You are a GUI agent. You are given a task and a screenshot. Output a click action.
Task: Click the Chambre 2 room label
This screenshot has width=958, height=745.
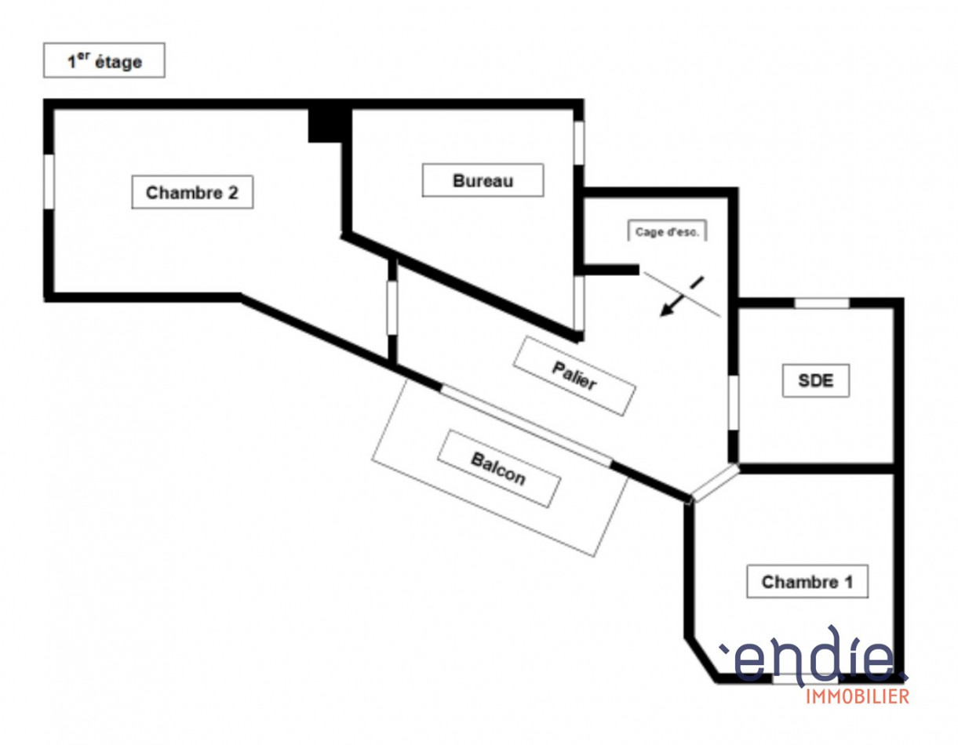point(192,193)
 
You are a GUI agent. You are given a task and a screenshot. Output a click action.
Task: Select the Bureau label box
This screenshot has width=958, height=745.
point(483,180)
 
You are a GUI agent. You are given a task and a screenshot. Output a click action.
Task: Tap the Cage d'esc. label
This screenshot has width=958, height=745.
point(667,231)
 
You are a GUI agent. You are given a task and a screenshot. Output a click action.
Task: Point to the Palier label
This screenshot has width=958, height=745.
point(574,376)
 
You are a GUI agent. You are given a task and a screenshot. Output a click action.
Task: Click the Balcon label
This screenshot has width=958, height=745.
point(499,469)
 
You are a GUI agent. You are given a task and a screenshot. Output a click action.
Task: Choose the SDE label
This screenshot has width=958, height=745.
point(816,380)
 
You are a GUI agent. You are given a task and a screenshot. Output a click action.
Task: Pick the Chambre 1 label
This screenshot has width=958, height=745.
point(807,582)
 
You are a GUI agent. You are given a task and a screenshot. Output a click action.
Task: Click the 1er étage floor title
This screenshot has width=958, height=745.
point(104,60)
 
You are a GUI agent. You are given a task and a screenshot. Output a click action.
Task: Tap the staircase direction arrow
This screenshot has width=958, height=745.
point(681,296)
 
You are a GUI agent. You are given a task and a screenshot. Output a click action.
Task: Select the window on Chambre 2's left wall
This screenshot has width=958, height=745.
point(49,182)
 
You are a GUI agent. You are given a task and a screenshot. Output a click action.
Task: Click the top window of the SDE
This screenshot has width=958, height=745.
point(821,303)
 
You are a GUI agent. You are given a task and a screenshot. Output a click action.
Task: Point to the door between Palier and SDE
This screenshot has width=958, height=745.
point(733,402)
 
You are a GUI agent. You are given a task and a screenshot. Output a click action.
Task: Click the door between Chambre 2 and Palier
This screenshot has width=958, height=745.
point(392,308)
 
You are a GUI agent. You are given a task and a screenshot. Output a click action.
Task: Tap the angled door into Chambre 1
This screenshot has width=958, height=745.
point(715,482)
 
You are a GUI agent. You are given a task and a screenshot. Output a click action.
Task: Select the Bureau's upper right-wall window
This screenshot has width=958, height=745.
point(579,144)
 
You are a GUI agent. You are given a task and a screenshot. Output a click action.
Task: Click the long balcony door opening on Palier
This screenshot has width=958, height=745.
point(526,426)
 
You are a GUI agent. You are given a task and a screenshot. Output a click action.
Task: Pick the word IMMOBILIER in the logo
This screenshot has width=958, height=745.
point(858,696)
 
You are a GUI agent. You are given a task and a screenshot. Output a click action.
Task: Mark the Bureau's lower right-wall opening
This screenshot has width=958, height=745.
point(579,303)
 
